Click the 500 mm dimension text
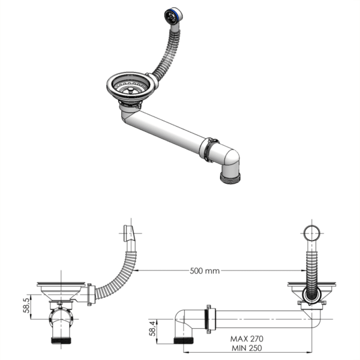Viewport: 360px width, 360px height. tap(204, 271)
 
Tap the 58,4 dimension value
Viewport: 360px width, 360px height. tap(155, 329)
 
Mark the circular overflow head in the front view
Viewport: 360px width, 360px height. tap(311, 233)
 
